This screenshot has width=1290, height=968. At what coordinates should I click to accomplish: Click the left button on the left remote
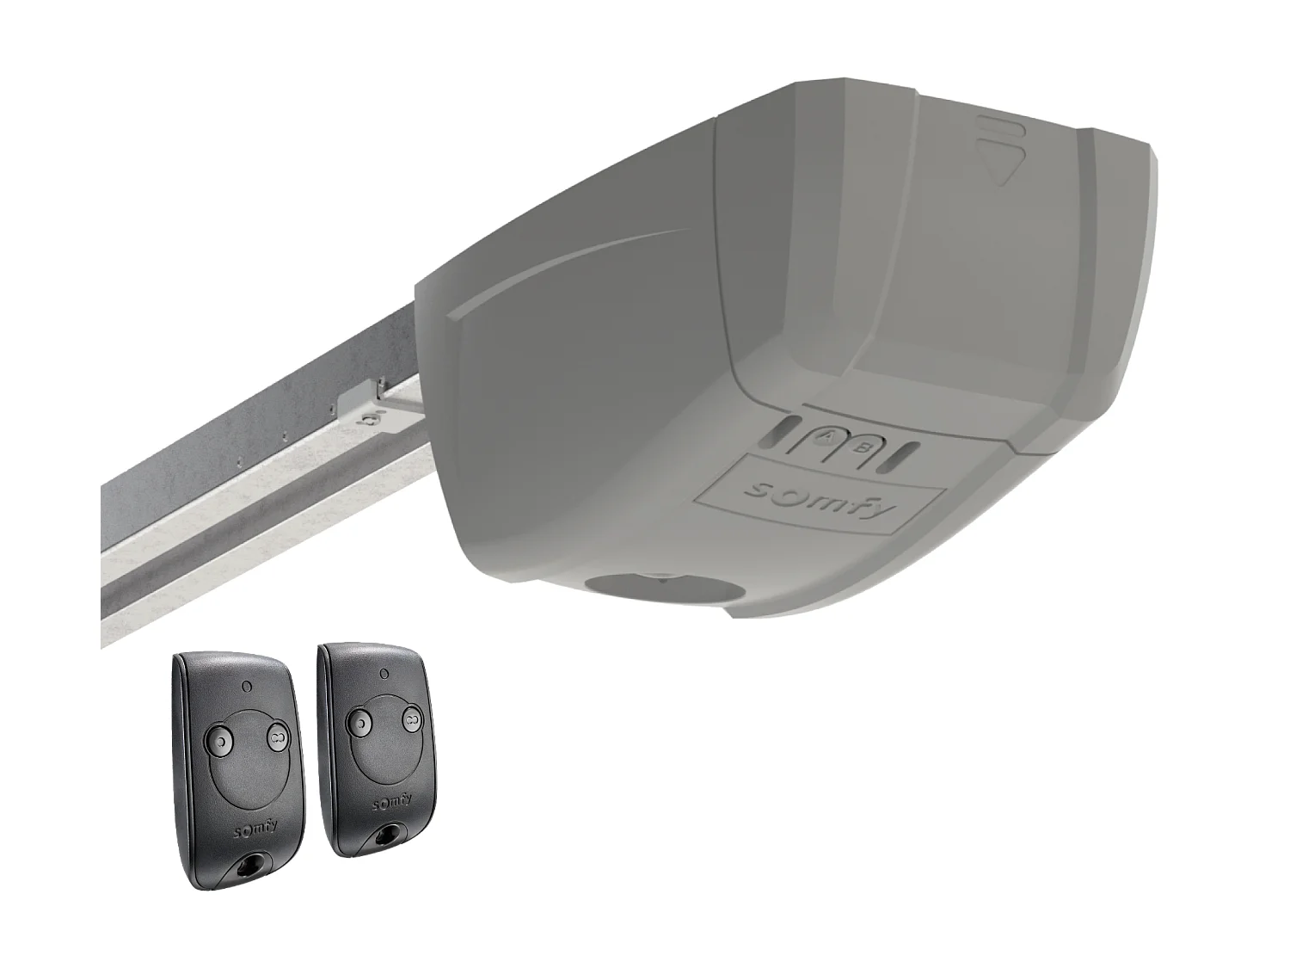click(220, 740)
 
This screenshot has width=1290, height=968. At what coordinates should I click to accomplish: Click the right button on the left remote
click(276, 734)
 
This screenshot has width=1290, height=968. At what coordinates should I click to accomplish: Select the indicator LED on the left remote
click(248, 686)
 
